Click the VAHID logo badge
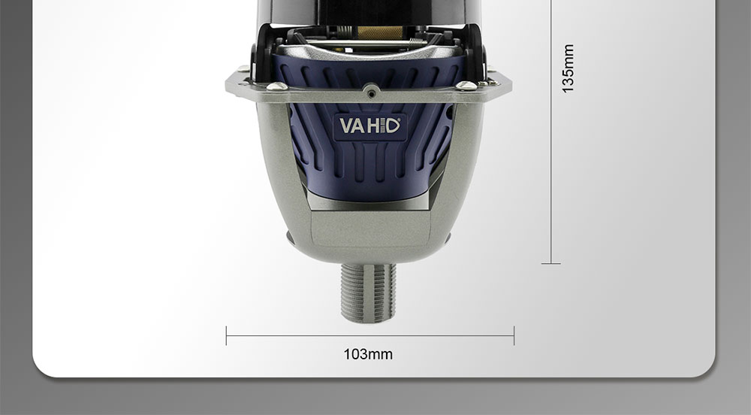[369, 125]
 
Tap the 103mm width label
[368, 353]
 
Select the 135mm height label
[569, 68]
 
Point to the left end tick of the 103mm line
[226, 335]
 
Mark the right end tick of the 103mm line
[514, 335]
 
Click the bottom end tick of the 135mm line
[551, 263]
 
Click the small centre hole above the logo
[369, 89]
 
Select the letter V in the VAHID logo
[346, 125]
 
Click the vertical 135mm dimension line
[551, 150]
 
